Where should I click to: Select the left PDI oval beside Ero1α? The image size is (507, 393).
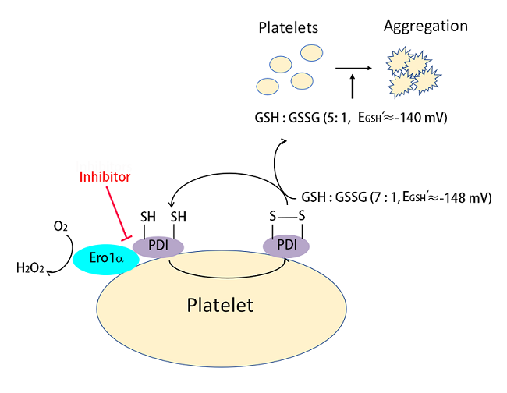click(x=157, y=246)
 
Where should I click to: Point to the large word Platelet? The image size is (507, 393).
click(x=220, y=305)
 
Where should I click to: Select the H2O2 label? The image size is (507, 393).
click(x=30, y=270)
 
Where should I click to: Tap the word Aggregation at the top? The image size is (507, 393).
click(x=425, y=27)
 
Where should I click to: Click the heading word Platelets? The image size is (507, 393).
click(x=289, y=28)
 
